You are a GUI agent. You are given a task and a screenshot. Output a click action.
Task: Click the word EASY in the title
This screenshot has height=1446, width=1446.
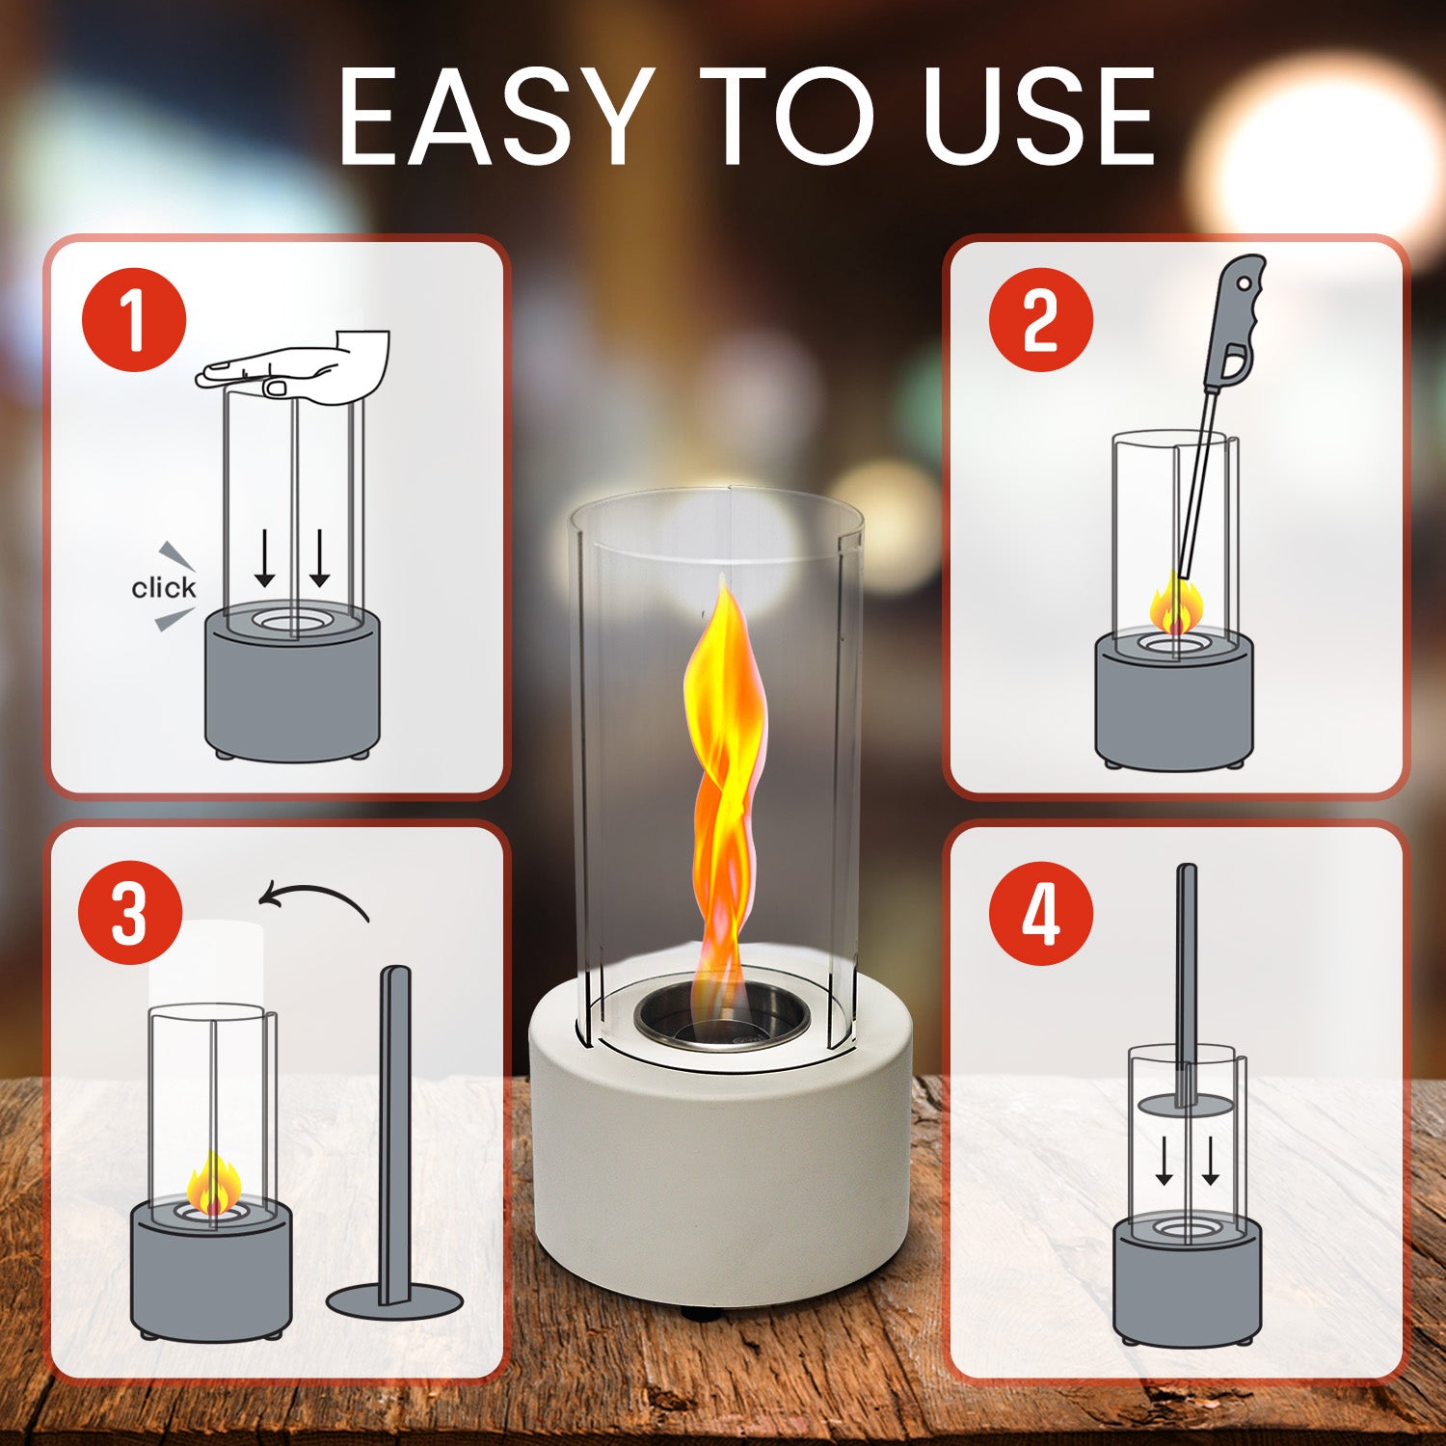click(x=495, y=117)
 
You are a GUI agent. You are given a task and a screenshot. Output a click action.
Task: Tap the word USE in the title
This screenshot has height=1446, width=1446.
click(x=1038, y=117)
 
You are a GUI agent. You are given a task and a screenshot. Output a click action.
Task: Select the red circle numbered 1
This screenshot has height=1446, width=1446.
click(x=133, y=320)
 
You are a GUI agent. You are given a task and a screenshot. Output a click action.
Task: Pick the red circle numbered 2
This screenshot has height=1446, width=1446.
click(x=1041, y=320)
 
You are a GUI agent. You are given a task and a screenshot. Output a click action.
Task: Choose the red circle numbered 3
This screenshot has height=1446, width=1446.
click(x=130, y=912)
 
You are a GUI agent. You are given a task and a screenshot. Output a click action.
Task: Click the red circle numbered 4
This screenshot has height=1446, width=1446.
click(x=1041, y=912)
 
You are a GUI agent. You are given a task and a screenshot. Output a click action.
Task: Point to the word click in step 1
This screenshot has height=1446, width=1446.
click(x=163, y=587)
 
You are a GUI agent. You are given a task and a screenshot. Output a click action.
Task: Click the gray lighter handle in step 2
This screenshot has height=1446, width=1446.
click(x=1240, y=323)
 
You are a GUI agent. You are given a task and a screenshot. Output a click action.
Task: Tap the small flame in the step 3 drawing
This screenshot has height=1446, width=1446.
click(x=213, y=1185)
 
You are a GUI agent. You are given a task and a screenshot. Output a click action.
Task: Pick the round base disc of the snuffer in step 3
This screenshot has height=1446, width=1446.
click(x=395, y=1300)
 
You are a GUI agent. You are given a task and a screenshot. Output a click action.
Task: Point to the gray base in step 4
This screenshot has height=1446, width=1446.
click(x=1188, y=1277)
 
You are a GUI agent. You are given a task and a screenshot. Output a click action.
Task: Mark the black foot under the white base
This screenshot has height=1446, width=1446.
click(x=701, y=1313)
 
